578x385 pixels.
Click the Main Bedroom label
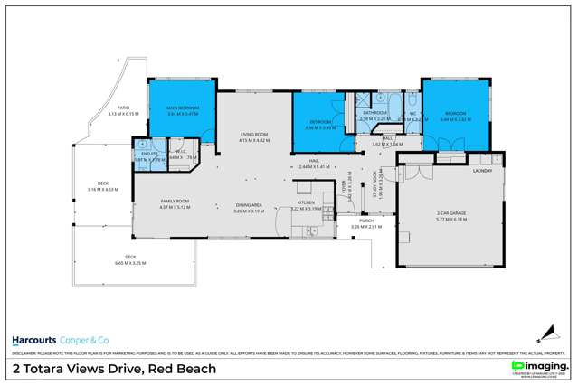pos(183,108)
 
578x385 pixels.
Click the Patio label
pos(122,109)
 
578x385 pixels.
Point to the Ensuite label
pos(145,154)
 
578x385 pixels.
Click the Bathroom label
pos(374,114)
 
